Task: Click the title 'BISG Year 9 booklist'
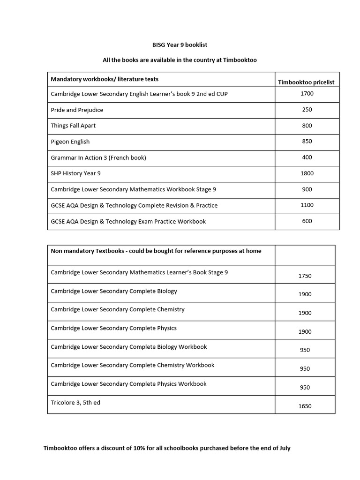(180, 45)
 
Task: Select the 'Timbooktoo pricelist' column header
(306, 82)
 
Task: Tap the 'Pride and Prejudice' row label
(77, 110)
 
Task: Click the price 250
(307, 110)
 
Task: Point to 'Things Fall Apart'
(73, 126)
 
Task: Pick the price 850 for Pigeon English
(307, 142)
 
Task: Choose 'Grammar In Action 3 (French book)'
(98, 157)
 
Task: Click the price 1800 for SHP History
(307, 173)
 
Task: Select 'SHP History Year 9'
(75, 173)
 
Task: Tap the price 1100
(307, 205)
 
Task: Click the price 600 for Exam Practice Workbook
(307, 221)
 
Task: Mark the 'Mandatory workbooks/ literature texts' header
(108, 79)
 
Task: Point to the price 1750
(305, 276)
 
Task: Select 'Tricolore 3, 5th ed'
(75, 403)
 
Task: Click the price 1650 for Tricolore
(305, 406)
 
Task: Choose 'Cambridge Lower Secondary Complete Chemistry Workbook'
(133, 365)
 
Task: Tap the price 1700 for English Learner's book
(307, 94)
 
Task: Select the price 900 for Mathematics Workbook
(307, 189)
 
